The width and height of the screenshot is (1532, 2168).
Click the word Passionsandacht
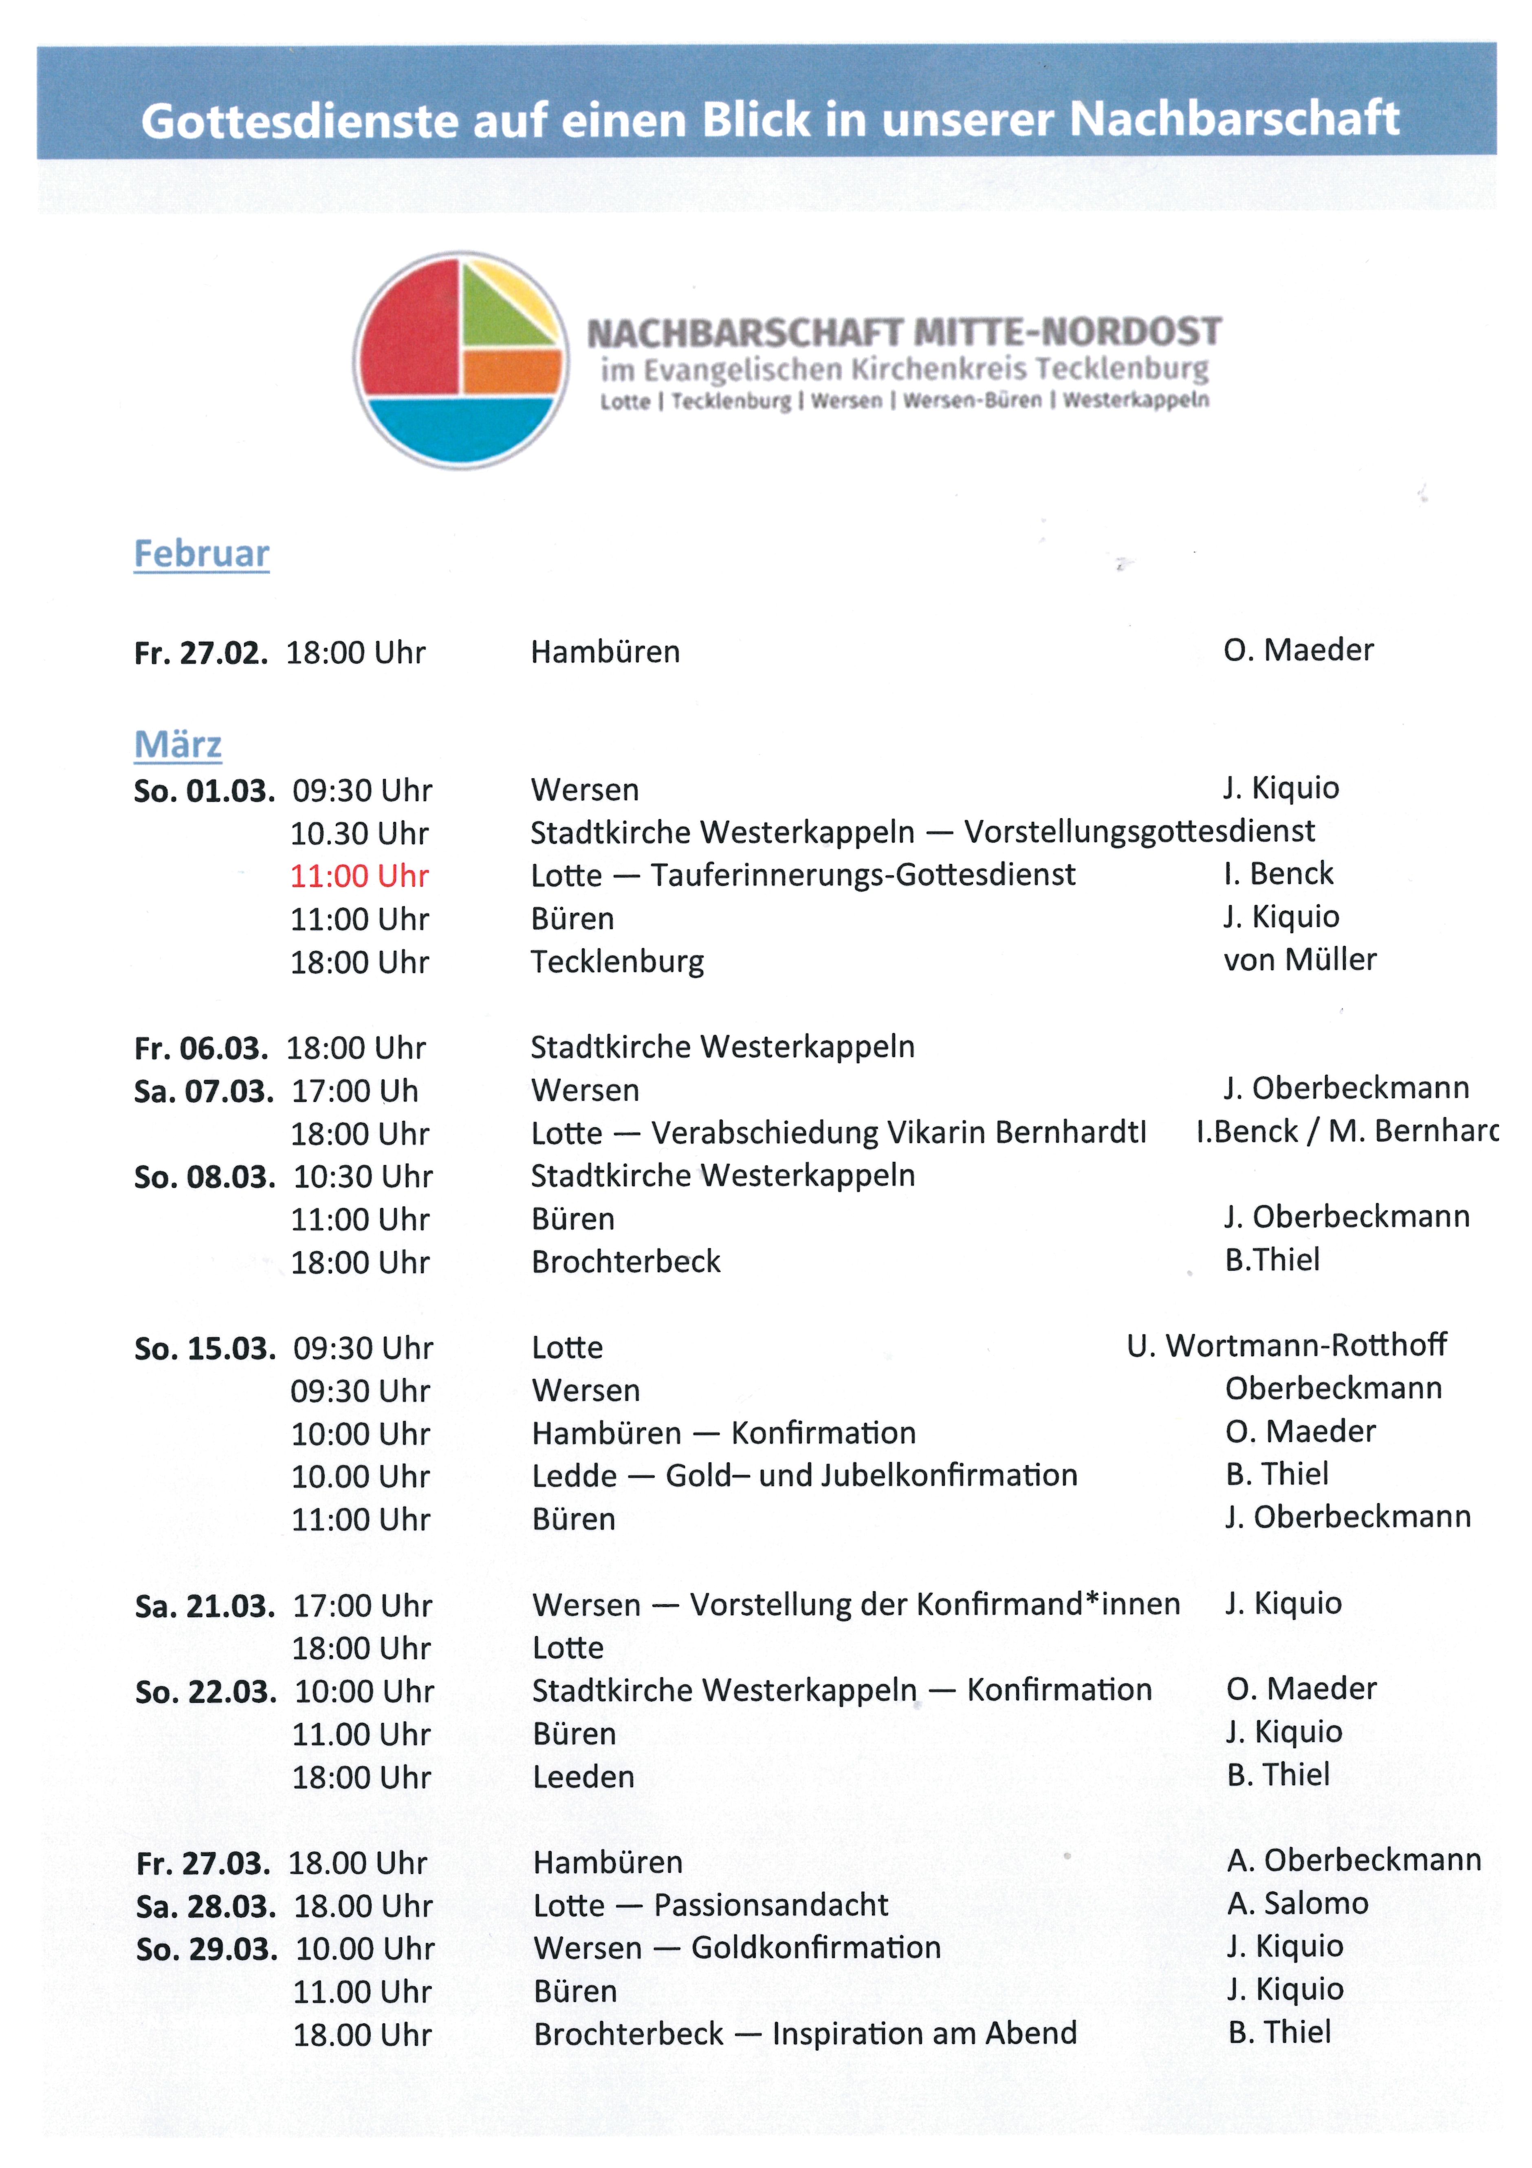point(770,1905)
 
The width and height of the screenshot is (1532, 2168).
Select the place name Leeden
point(583,1777)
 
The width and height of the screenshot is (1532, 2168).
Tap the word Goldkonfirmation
point(816,1948)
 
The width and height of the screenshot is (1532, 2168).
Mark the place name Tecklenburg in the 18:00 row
point(617,962)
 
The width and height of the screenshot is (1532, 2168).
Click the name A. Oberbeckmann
point(1354,1860)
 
